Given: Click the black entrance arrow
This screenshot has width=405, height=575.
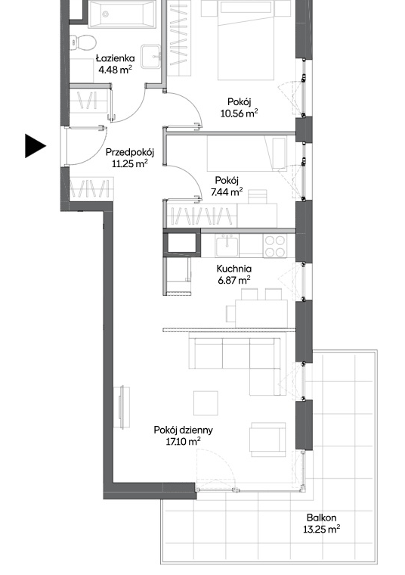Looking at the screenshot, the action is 35,146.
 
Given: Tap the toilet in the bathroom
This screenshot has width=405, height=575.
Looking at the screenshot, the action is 82,42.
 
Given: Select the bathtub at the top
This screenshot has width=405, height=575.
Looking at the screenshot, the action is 122,14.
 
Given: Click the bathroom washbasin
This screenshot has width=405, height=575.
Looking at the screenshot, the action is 150,56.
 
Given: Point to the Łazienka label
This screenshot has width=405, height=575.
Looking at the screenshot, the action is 116,58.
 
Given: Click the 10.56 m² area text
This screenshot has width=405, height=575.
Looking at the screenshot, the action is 239,113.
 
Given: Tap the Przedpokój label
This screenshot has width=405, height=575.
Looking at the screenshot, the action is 130,152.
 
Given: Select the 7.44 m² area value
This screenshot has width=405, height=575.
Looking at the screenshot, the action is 227,191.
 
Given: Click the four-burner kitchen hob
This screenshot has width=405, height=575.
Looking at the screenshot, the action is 275,246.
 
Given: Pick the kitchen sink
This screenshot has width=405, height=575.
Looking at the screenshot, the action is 227,246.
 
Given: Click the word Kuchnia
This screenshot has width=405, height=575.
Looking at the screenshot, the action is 234,269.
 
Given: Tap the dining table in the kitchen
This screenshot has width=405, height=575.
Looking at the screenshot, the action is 261,313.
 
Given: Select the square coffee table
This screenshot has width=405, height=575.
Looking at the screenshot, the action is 206,403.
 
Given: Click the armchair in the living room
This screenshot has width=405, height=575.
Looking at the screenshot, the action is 267,440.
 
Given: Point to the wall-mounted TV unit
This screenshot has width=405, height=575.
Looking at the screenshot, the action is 122,407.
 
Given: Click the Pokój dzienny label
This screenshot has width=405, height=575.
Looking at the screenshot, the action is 183,430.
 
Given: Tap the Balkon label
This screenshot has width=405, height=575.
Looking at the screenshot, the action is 322,517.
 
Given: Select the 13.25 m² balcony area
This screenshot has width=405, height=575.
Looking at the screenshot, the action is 322,529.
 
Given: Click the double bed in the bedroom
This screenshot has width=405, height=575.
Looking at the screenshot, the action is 246,39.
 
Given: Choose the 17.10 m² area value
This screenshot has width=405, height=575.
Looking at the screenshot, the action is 183,442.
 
